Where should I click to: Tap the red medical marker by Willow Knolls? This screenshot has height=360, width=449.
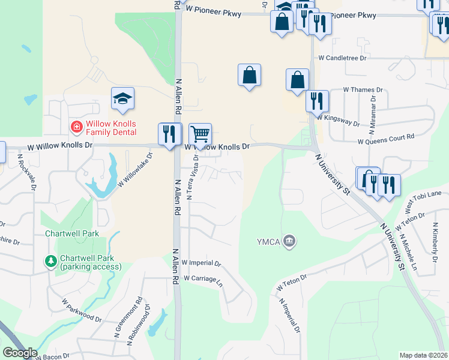click(x=76, y=127)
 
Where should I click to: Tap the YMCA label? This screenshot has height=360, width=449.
click(x=268, y=242)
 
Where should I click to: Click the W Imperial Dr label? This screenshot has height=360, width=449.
click(x=201, y=263)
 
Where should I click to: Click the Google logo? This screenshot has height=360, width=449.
click(x=19, y=353)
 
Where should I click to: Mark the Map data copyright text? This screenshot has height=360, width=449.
click(x=423, y=355)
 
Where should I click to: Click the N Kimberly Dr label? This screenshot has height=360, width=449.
click(x=435, y=238)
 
